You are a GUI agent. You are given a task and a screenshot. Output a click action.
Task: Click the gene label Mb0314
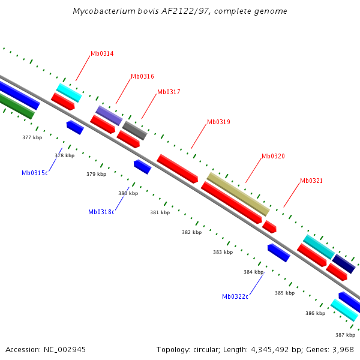pos(102,53)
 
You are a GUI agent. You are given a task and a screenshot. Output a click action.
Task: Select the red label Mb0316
pos(142,76)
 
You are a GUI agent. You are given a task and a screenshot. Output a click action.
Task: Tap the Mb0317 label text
pos(169,92)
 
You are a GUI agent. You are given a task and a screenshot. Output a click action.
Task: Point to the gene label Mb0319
pos(218,122)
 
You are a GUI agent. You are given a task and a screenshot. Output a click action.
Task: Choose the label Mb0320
pos(273,156)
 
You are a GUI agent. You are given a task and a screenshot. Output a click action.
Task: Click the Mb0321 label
pos(311,181)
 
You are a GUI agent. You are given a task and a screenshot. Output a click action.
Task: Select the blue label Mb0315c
pos(35,173)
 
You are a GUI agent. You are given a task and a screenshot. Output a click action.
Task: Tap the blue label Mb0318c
pos(101,212)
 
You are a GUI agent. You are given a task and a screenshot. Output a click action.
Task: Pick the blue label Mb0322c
pos(235,296)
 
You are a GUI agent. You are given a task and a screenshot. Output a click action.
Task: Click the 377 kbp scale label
pos(32,137)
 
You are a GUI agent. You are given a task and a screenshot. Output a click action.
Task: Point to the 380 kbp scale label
pos(128,193)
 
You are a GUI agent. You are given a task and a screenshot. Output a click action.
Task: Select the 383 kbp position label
pos(223,252)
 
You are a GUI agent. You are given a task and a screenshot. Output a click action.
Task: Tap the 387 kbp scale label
pos(345,334)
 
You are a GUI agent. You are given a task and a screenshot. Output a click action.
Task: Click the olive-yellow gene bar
pos(238,194)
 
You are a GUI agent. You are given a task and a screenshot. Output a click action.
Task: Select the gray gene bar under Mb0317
pos(134,130)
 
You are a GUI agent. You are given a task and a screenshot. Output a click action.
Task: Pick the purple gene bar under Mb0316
pos(109,115)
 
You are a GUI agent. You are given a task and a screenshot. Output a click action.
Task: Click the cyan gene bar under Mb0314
pos(69,93)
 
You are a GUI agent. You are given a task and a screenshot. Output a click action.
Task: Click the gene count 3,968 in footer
pos(342,349)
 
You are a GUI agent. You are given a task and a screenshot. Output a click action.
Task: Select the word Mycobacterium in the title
pos(100,11)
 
